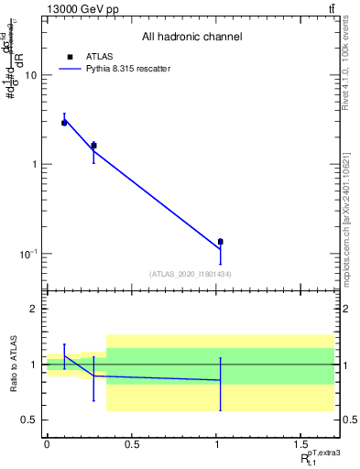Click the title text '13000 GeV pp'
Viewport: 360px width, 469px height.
(x=77, y=8)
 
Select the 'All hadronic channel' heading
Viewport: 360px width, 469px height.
(x=191, y=38)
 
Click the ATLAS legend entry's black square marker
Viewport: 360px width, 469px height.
(x=70, y=57)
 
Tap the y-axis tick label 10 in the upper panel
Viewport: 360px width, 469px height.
(x=31, y=76)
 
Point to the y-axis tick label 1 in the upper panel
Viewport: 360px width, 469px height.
(x=35, y=165)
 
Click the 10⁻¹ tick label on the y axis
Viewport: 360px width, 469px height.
(x=28, y=254)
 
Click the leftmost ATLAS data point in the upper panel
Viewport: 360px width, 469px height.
(x=64, y=122)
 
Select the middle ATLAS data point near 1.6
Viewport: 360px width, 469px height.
(x=93, y=145)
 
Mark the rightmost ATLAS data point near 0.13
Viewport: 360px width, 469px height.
(x=221, y=242)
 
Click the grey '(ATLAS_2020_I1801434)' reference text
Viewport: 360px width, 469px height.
(x=191, y=274)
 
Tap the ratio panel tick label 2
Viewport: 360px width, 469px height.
(x=35, y=310)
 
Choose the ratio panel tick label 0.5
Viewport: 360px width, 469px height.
(x=31, y=420)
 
